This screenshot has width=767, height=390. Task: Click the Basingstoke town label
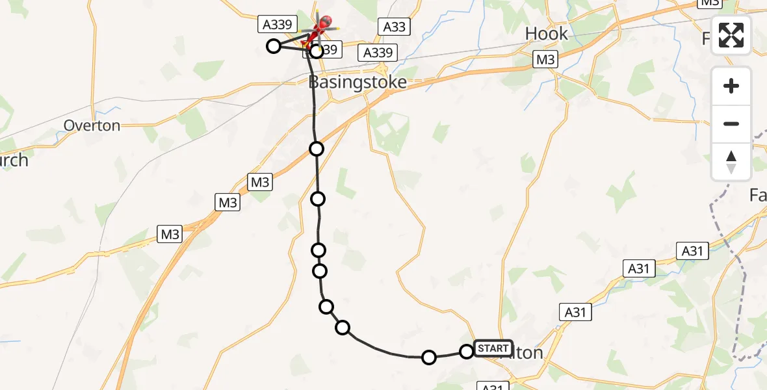pyautogui.click(x=357, y=82)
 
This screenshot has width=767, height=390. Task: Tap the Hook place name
pyautogui.click(x=546, y=34)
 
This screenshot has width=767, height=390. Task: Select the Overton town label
pyautogui.click(x=92, y=125)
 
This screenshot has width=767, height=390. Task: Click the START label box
pyautogui.click(x=493, y=348)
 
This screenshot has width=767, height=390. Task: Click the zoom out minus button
pyautogui.click(x=731, y=123)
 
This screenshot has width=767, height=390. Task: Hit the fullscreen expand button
pyautogui.click(x=731, y=35)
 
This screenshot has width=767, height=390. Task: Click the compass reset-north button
pyautogui.click(x=731, y=161)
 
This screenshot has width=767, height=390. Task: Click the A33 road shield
pyautogui.click(x=394, y=27)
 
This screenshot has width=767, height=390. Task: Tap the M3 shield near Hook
pyautogui.click(x=545, y=60)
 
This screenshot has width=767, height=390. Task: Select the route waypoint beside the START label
pyautogui.click(x=467, y=352)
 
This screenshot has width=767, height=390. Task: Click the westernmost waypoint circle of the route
pyautogui.click(x=274, y=45)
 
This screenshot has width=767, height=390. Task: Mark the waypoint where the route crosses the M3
pyautogui.click(x=317, y=149)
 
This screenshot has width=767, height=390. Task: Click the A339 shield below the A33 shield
pyautogui.click(x=378, y=53)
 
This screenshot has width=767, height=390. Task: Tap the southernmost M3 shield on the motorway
pyautogui.click(x=170, y=234)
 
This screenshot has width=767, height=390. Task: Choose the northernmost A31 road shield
pyautogui.click(x=692, y=251)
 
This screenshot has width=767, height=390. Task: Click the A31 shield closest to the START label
pyautogui.click(x=575, y=312)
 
